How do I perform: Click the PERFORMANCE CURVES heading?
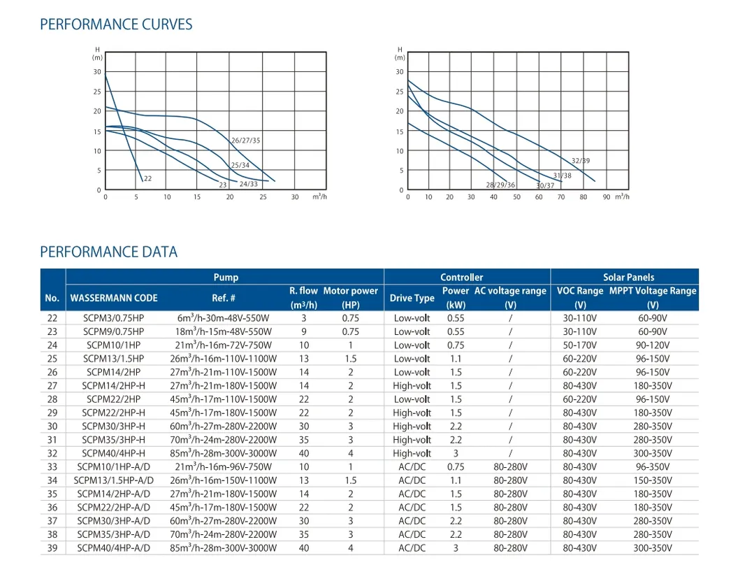[116, 24]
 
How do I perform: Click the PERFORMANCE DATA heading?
[108, 252]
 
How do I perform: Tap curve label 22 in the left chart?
[147, 179]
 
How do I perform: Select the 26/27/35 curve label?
[245, 141]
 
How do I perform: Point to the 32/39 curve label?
[581, 161]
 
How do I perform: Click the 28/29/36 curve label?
[500, 185]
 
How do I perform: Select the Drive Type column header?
[412, 298]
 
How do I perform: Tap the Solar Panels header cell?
[628, 277]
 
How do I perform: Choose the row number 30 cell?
[52, 427]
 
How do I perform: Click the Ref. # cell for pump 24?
[224, 345]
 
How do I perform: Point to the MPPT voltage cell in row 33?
[652, 467]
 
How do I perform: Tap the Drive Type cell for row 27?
[412, 386]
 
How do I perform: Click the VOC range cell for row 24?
[580, 345]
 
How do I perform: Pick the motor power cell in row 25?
[350, 359]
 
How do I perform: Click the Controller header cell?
[461, 277]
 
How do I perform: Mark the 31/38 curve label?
[562, 176]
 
